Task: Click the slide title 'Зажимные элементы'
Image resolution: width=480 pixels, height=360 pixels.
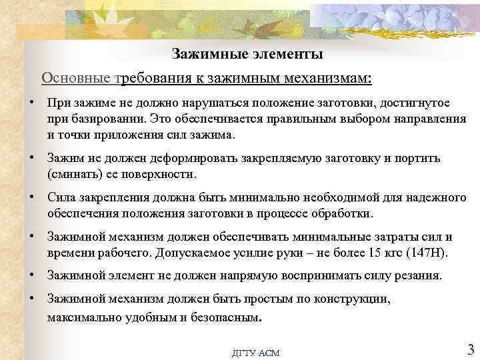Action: click(x=247, y=53)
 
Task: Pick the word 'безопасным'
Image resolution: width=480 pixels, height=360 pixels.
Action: click(x=226, y=317)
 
